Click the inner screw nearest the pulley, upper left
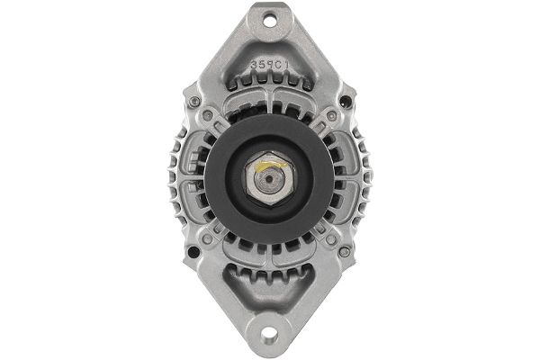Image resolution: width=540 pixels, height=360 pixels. (210, 116)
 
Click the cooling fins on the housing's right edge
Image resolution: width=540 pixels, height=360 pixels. (364, 180)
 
